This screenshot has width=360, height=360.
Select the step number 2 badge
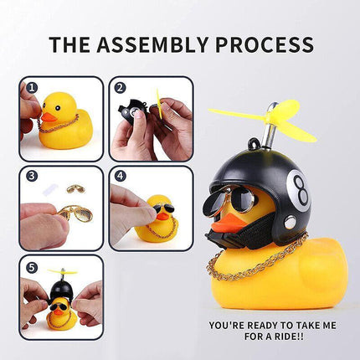[120, 86]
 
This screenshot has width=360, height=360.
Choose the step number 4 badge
[120, 176]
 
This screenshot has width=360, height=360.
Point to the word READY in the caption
[252, 325]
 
